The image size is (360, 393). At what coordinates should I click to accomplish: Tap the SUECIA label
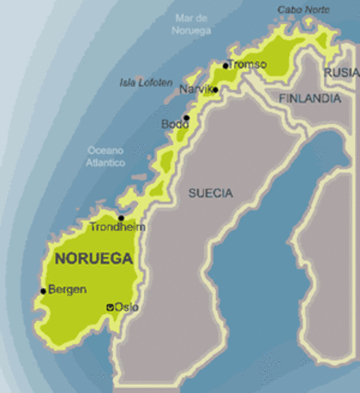[x=210, y=193]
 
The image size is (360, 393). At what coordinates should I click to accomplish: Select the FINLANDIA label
[x=310, y=98]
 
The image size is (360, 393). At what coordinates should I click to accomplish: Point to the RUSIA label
[x=342, y=73]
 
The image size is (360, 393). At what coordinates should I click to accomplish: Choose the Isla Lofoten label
[x=146, y=83]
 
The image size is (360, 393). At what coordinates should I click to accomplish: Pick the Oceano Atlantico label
[x=107, y=156]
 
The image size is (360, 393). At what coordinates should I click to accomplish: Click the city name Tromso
[x=248, y=64]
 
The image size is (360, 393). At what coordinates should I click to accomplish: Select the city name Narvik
[x=196, y=88]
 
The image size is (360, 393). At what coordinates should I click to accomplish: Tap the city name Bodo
[x=174, y=124]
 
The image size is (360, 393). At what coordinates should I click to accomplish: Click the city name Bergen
[x=68, y=289]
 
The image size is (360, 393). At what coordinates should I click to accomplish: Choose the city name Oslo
[x=126, y=307]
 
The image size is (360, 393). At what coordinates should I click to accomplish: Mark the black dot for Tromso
[x=226, y=65]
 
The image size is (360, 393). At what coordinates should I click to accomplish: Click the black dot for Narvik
[x=215, y=90]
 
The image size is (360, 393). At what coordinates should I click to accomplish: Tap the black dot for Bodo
[x=187, y=118]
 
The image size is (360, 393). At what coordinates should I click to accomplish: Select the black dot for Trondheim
[x=121, y=218]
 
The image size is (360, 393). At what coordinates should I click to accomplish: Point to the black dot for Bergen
[x=43, y=291]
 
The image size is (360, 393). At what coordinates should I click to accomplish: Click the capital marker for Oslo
[x=110, y=308]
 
